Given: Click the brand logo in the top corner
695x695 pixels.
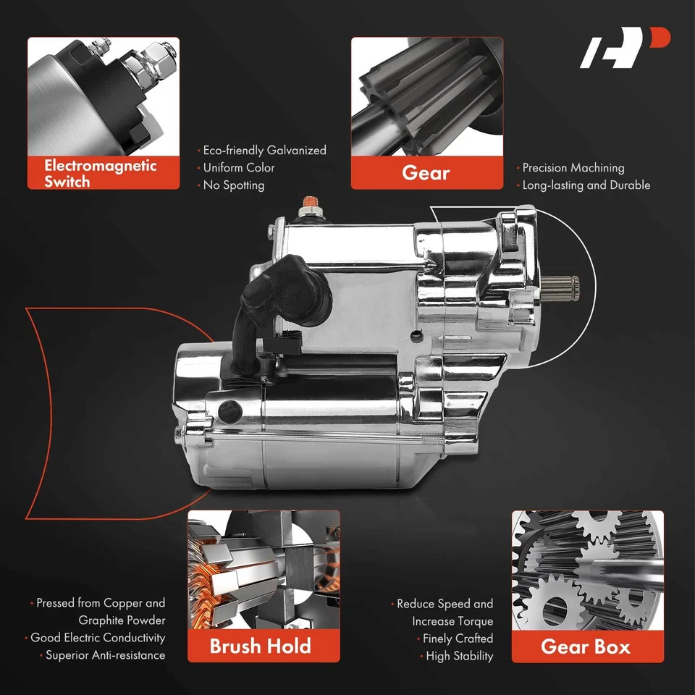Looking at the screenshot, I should point(625,49).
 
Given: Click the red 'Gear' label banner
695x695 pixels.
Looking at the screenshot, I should point(426,173).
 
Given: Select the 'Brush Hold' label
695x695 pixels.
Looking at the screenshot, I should point(261,646).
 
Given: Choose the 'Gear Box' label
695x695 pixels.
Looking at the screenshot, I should point(586,646).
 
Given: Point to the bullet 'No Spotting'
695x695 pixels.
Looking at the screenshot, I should point(233,185).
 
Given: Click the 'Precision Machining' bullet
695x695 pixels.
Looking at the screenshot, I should point(573,168).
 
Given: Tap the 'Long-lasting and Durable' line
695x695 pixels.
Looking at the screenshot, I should point(586,185).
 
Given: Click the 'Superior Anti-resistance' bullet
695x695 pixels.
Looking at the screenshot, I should point(105,655).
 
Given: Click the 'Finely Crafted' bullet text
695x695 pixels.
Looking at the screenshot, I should point(458,639).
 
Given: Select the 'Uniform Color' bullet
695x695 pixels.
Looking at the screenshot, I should point(239,168).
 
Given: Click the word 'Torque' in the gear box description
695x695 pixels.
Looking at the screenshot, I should point(475,621).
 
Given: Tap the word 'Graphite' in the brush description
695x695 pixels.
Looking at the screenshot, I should point(101,620).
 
